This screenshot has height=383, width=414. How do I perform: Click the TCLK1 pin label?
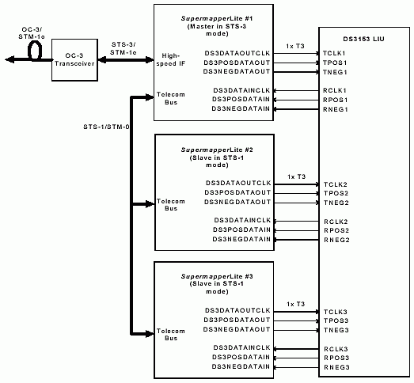coord(336,52)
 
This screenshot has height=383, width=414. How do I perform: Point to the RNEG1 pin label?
coord(336,108)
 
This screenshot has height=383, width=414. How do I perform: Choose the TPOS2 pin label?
coord(336,193)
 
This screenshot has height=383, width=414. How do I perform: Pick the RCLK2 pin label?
coord(336,221)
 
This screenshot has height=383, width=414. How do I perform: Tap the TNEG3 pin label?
coord(336,329)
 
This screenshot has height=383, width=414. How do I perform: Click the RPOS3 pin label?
coord(336,357)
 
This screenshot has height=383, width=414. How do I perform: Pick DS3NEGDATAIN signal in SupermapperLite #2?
coord(241,238)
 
